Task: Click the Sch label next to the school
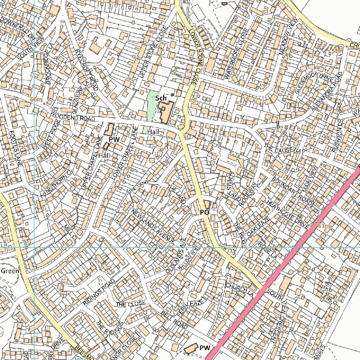(x=161, y=98)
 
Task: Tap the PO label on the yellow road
(x=205, y=212)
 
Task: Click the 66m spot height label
(x=36, y=99)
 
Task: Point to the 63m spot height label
(x=324, y=226)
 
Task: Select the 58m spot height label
(x=337, y=51)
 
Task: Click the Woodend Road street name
(x=73, y=116)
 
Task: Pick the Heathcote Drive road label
(x=287, y=214)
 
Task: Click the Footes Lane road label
(x=17, y=148)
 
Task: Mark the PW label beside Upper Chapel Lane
(x=114, y=140)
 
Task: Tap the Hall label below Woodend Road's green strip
(x=154, y=132)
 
